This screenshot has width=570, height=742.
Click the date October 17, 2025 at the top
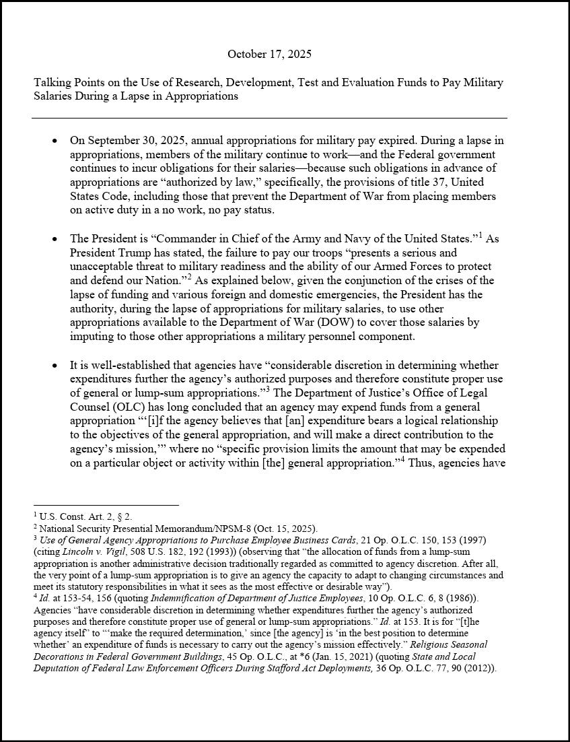tap(269, 54)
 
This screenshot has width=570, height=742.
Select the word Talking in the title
tap(52, 83)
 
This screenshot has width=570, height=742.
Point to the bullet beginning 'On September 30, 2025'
tap(55, 141)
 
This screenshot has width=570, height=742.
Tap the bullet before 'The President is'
tap(55, 239)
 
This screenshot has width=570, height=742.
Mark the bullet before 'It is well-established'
tap(55, 366)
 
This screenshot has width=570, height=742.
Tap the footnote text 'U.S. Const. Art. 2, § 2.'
tap(85, 516)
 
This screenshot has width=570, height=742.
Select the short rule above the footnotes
tap(106, 504)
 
